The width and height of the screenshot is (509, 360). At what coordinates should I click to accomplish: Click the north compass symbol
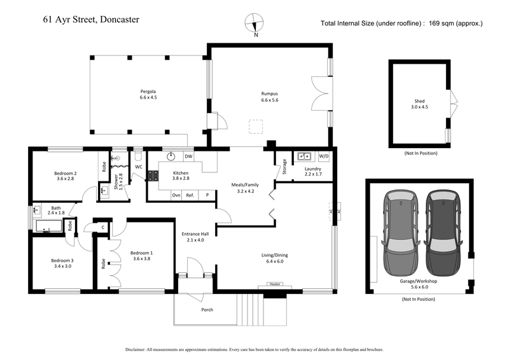(x=255, y=24)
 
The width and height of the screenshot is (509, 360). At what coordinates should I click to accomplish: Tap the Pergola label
(x=148, y=94)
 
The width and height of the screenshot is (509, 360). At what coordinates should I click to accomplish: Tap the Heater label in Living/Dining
(x=275, y=284)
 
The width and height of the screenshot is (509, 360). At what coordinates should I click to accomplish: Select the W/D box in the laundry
(x=324, y=156)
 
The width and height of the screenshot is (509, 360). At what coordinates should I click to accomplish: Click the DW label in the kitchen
(x=188, y=156)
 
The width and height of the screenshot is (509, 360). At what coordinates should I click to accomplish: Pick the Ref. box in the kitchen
(x=190, y=196)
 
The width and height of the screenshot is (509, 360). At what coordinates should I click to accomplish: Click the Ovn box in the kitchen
(x=176, y=196)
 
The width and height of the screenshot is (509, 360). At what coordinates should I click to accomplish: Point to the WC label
(x=138, y=167)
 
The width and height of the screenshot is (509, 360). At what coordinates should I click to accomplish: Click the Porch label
(x=207, y=310)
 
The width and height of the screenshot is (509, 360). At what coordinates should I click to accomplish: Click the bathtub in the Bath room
(x=48, y=226)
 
